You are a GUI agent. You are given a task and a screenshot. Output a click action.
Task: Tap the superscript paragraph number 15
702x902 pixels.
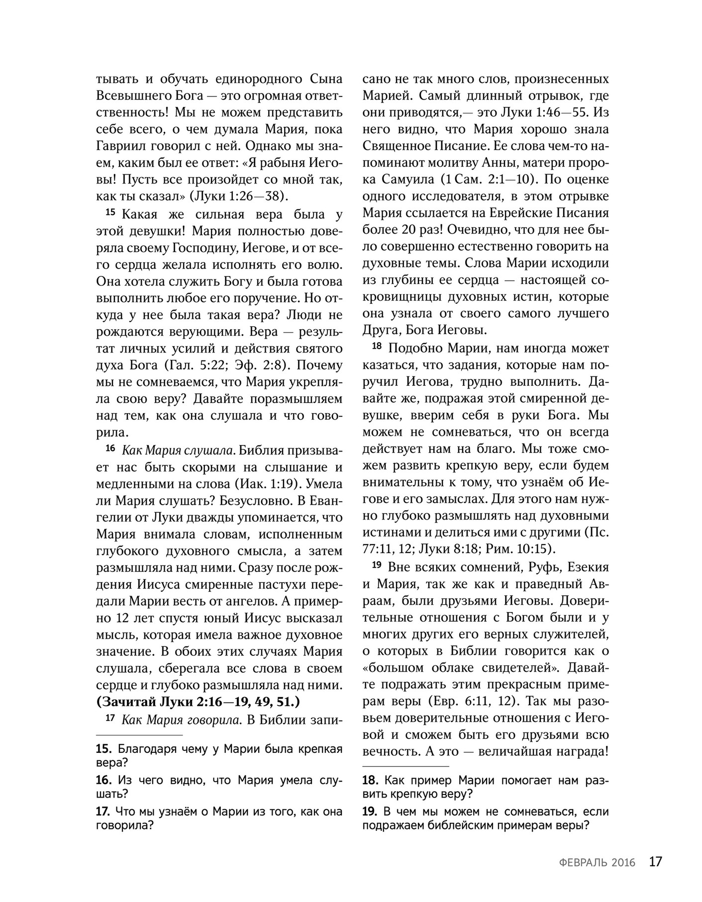(x=110, y=213)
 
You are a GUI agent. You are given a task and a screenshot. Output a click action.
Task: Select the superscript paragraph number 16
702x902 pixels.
(x=110, y=449)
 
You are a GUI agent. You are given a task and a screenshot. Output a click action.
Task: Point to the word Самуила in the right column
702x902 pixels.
(x=408, y=179)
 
